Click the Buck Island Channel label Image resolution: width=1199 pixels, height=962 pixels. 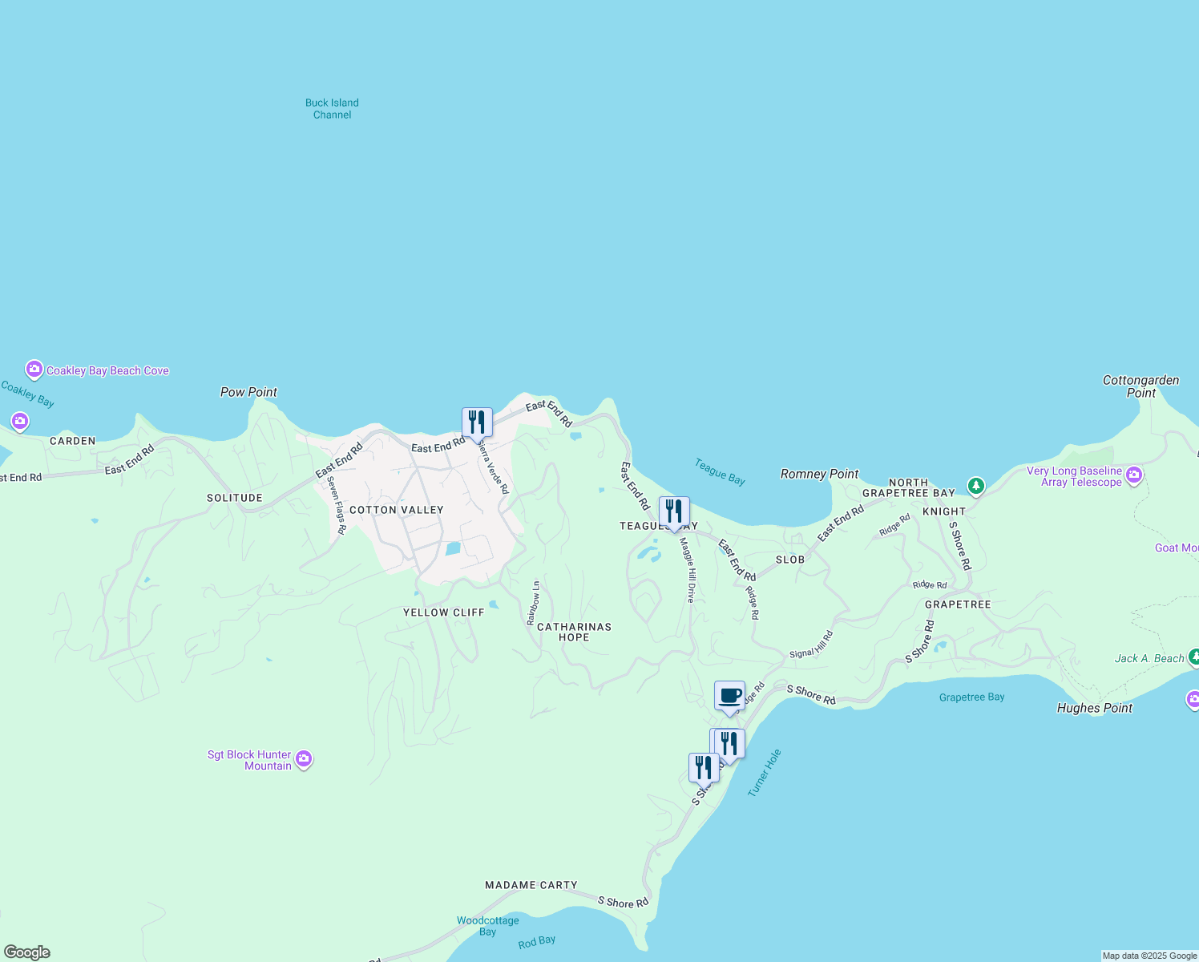pyautogui.click(x=332, y=108)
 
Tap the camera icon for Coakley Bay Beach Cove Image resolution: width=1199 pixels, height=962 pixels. pyautogui.click(x=34, y=370)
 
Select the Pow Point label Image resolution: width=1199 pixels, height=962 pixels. pyautogui.click(x=248, y=392)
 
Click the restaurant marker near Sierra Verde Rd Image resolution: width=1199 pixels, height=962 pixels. pyautogui.click(x=477, y=422)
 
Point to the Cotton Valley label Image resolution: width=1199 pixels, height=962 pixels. pyautogui.click(x=396, y=510)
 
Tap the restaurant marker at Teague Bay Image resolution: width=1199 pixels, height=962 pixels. pyautogui.click(x=674, y=511)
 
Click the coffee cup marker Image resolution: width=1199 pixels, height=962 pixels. pyautogui.click(x=729, y=695)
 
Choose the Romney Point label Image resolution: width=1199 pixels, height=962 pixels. pyautogui.click(x=819, y=474)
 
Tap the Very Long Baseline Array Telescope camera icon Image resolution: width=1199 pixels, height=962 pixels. pyautogui.click(x=1133, y=475)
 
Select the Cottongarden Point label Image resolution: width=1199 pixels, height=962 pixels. pyautogui.click(x=1140, y=386)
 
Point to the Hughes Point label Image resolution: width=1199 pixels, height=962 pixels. pyautogui.click(x=1094, y=708)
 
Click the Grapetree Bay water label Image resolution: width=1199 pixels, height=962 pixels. pyautogui.click(x=971, y=697)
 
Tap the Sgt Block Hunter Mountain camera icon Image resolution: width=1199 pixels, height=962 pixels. pyautogui.click(x=304, y=759)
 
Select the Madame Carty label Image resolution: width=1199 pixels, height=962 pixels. pyautogui.click(x=531, y=885)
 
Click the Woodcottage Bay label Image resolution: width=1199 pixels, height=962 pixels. pyautogui.click(x=487, y=926)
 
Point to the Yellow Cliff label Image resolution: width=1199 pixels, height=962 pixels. pyautogui.click(x=443, y=612)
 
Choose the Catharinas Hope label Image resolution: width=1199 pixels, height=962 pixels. pyautogui.click(x=574, y=632)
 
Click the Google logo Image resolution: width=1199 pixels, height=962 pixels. pyautogui.click(x=26, y=952)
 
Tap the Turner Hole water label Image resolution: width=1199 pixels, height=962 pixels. pyautogui.click(x=764, y=773)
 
